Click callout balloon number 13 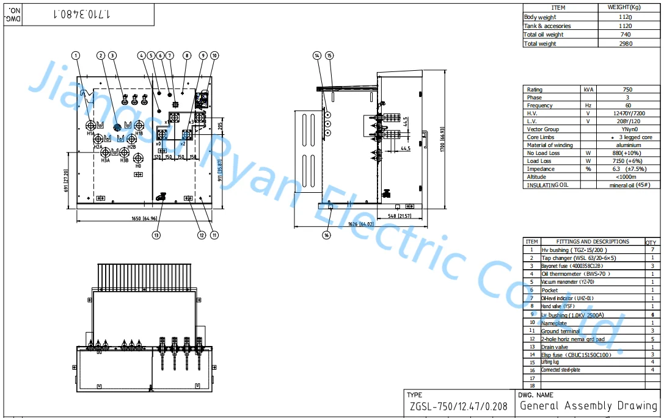coord(157,235)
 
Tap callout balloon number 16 coord(327,235)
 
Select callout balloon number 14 coord(316,56)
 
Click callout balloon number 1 coord(76,56)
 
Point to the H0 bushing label coord(138,165)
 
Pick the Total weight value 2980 coord(625,43)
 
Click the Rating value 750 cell coord(627,89)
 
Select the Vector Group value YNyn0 coord(627,129)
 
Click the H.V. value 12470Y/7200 coord(627,113)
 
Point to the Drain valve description coord(555,347)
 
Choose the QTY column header coord(652,242)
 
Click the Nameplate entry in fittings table coord(554,323)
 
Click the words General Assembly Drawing coord(588,406)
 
